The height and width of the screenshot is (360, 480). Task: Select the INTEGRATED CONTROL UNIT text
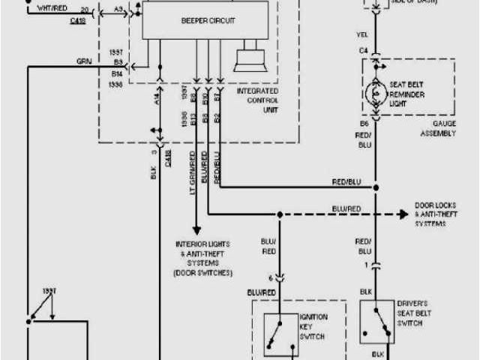(257, 99)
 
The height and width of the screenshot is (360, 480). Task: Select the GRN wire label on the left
(83, 61)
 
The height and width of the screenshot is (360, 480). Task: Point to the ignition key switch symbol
(278, 329)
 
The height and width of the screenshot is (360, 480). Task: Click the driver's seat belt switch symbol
(379, 321)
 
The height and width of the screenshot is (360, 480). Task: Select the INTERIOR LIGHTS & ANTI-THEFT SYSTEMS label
(203, 258)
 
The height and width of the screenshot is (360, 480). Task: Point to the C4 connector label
(363, 51)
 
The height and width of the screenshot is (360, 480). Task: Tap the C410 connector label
(77, 21)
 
